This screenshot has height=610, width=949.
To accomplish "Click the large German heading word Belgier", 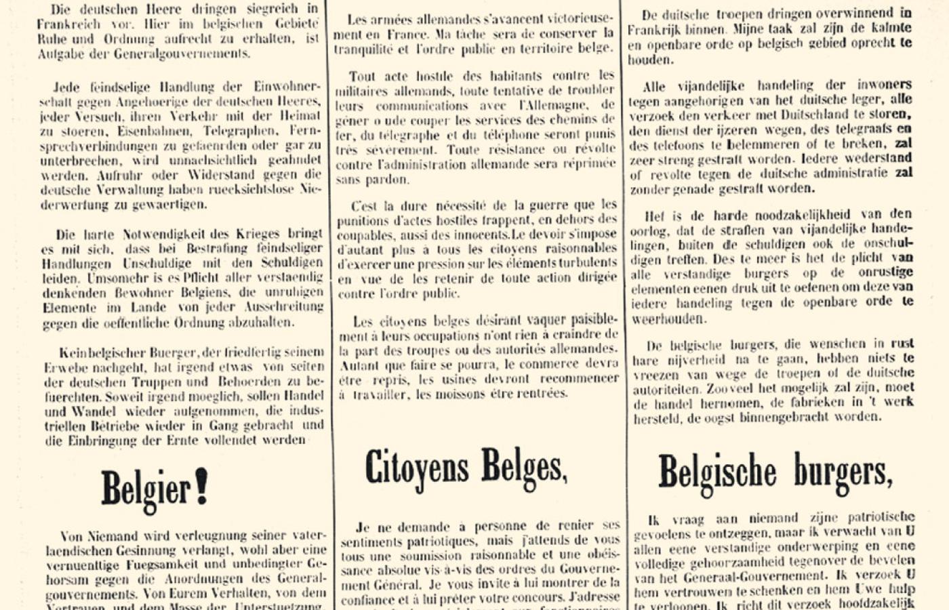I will [x=144, y=488].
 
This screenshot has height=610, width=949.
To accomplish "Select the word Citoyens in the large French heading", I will [x=417, y=468].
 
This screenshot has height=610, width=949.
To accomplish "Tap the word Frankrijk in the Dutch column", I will [x=655, y=30].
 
